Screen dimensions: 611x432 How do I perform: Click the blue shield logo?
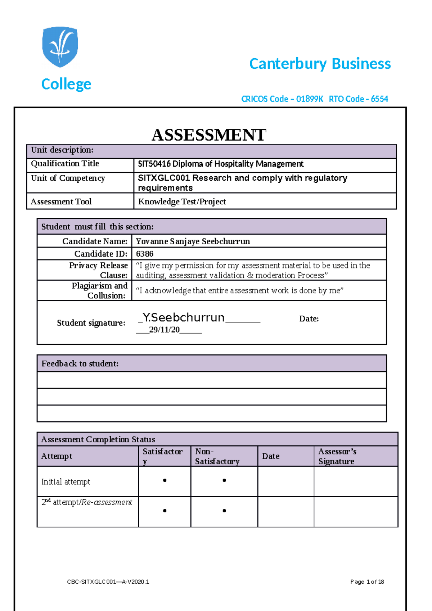point(60,46)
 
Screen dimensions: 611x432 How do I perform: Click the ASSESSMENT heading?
point(209,135)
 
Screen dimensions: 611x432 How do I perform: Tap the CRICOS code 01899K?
point(310,99)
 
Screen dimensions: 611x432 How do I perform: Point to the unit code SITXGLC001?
point(164,178)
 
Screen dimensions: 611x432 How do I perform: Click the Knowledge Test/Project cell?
point(182,202)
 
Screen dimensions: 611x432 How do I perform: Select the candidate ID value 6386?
point(145,254)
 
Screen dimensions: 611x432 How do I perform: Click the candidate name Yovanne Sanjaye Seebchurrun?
point(193,241)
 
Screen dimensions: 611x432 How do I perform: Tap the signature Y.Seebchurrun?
point(184,318)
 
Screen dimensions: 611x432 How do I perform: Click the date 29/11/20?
point(164,330)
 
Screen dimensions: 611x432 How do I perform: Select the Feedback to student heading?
point(80,364)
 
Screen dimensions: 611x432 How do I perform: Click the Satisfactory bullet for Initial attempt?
point(165,480)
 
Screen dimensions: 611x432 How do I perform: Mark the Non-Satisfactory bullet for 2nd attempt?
point(224,511)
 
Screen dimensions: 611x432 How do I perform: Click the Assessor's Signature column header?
point(337,456)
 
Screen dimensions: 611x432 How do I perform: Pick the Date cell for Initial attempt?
point(285,481)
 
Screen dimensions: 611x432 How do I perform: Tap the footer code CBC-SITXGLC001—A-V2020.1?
point(108,582)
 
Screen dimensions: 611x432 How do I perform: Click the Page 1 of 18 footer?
point(367,582)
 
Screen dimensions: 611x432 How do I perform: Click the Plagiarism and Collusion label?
point(99,291)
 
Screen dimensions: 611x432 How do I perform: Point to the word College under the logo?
point(66,85)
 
